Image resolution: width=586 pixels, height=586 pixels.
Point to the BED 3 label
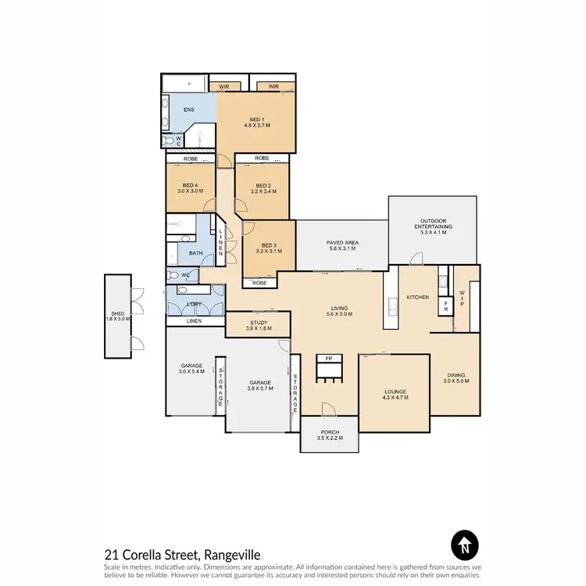(268, 248)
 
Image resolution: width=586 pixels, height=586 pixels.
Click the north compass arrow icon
(464, 544)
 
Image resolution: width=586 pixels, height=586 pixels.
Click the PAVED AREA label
(341, 243)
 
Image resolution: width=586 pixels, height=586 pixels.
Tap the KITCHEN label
(414, 298)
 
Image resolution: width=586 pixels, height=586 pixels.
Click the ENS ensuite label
(188, 110)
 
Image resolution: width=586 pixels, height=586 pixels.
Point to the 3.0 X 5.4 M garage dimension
(192, 372)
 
